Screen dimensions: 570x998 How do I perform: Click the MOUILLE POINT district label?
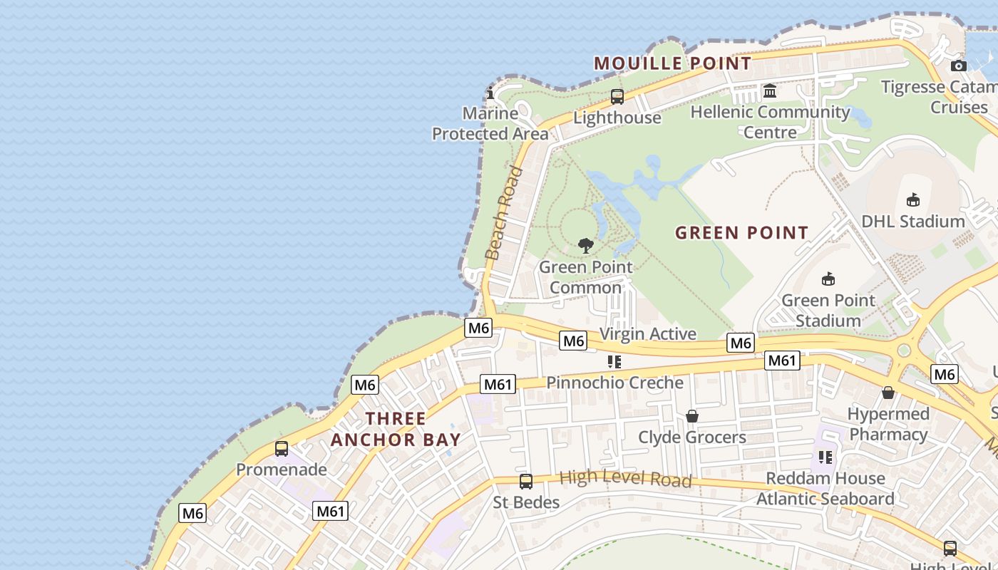[672, 63]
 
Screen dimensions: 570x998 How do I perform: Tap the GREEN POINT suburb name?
[741, 232]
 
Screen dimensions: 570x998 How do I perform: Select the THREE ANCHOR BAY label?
[396, 429]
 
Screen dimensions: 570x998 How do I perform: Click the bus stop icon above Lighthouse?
[617, 97]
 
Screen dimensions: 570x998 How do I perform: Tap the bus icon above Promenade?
[282, 449]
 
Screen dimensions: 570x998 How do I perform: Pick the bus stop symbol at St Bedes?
[526, 482]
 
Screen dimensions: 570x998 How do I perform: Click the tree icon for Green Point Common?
[586, 247]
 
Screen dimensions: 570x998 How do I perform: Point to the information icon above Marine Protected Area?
[490, 93]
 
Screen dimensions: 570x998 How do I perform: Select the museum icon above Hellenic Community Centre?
[770, 91]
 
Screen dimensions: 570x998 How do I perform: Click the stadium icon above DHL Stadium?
[912, 200]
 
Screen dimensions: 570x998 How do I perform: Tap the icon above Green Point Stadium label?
[828, 279]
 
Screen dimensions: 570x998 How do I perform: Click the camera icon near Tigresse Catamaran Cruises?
[959, 66]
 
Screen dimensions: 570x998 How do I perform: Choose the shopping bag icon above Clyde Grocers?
[691, 416]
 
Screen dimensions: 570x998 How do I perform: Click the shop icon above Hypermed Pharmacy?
[888, 393]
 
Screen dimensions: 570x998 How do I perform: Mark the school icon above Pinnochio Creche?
[614, 362]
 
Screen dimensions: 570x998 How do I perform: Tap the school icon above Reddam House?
[825, 457]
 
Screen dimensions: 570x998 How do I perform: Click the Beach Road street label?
[504, 212]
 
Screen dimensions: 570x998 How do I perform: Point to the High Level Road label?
[625, 478]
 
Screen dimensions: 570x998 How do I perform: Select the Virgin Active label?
[647, 333]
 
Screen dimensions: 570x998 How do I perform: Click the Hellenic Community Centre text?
[770, 122]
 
